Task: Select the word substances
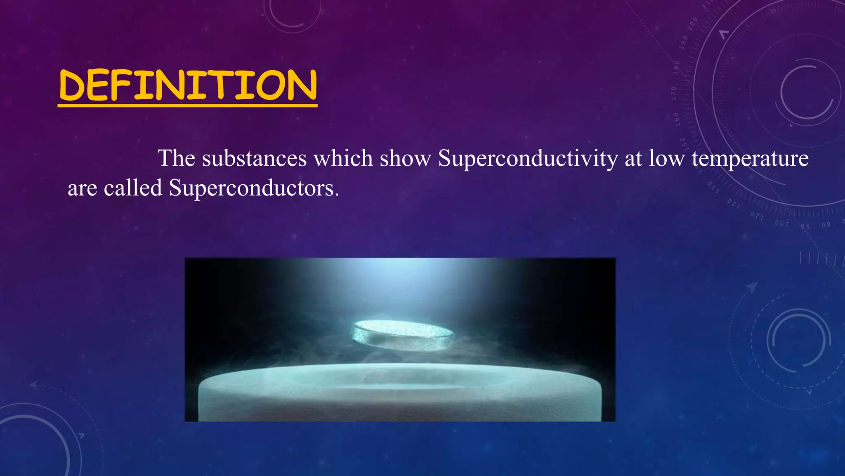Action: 254,158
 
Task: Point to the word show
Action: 405,158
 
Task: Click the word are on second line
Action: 82,189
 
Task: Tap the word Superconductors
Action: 253,189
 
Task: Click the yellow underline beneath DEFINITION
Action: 187,106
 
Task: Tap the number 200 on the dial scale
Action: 692,24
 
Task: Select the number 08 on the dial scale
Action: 826,225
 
